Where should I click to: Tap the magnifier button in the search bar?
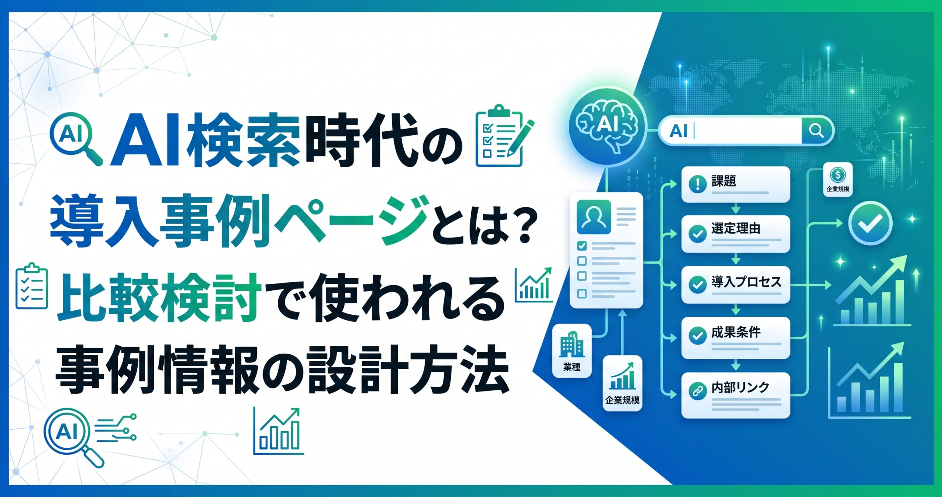[x=816, y=131]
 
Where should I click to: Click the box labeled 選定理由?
[x=736, y=234]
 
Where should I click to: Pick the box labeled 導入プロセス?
[x=736, y=285]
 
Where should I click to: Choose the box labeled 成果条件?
[x=736, y=338]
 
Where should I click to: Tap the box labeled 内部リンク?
[x=736, y=395]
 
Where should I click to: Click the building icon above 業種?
[x=572, y=344]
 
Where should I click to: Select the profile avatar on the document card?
[x=594, y=217]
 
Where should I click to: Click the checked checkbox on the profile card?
[x=582, y=246]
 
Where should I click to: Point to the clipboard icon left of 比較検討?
[x=32, y=286]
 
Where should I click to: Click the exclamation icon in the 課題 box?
[x=697, y=184]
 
